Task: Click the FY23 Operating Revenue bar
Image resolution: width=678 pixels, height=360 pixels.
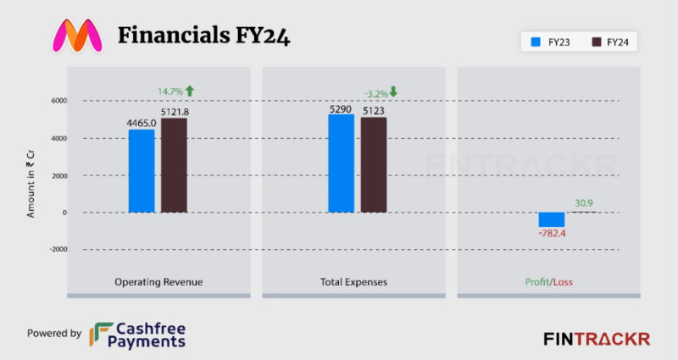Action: [142, 170]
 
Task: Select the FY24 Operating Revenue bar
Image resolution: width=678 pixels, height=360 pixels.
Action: [174, 165]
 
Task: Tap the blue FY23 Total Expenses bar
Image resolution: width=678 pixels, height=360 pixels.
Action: [341, 163]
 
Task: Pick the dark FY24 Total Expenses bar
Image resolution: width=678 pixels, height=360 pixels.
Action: [373, 165]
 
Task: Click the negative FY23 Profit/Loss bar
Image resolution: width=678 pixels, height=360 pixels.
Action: [551, 219]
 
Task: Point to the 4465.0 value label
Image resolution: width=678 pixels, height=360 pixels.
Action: [142, 123]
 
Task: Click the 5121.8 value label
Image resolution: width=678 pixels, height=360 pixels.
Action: [175, 111]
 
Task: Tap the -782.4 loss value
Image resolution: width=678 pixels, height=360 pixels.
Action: [552, 234]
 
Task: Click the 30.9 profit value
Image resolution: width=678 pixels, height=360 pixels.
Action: [584, 203]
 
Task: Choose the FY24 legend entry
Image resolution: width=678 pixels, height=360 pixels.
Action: [609, 41]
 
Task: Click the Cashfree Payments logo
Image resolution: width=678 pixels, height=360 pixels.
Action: [139, 334]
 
